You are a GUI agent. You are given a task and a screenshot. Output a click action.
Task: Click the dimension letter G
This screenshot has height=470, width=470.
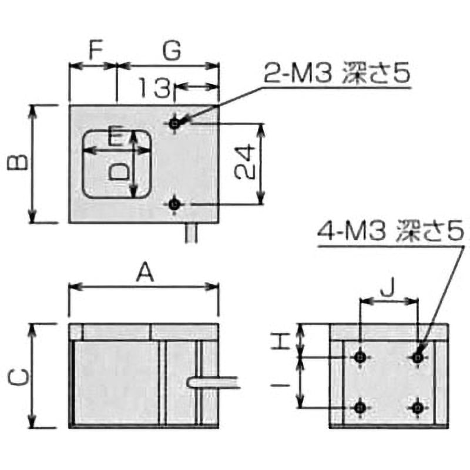click(171, 51)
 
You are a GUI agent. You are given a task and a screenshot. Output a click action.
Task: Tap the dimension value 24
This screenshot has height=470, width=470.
click(245, 163)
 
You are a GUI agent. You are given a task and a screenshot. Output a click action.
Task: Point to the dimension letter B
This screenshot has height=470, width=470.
click(18, 163)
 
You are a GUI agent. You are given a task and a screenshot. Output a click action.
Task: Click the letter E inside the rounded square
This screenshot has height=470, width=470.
click(117, 139)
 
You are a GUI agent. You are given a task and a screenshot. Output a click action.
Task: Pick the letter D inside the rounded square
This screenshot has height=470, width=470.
click(120, 171)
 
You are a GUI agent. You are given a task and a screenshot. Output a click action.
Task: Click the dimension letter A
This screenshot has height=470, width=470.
click(145, 273)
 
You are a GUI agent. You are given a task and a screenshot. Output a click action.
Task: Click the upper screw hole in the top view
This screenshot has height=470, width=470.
click(174, 123)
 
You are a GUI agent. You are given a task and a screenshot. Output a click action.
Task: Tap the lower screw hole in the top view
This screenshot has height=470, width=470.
click(174, 204)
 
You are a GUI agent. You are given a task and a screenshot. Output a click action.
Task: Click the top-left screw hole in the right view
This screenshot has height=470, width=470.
click(360, 357)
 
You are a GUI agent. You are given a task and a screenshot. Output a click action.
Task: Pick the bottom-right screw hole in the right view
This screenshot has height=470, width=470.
click(418, 407)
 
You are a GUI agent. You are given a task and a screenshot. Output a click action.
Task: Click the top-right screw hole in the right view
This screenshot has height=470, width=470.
click(418, 357)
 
